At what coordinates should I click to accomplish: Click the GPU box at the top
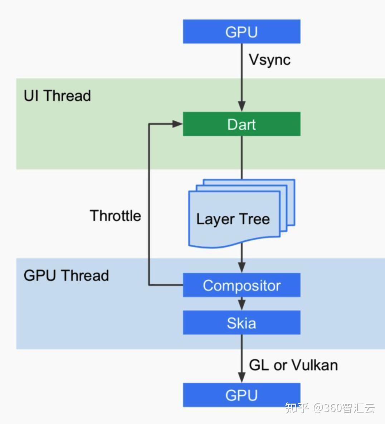click(242, 32)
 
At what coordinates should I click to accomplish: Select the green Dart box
click(242, 124)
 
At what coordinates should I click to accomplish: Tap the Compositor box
click(242, 285)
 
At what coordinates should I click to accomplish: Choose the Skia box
click(242, 322)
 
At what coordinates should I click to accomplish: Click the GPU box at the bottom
click(242, 395)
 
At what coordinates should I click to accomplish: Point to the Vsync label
click(270, 60)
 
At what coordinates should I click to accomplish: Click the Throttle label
click(115, 216)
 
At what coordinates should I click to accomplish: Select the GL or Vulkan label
click(293, 365)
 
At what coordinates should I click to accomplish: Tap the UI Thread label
click(57, 96)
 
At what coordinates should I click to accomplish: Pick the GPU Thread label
click(66, 275)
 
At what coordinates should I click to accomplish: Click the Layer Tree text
click(233, 219)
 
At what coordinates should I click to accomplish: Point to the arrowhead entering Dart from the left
click(178, 124)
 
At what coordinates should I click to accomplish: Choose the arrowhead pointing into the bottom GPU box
click(242, 377)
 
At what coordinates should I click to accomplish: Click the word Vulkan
click(315, 365)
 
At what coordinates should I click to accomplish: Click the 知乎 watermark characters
click(297, 408)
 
